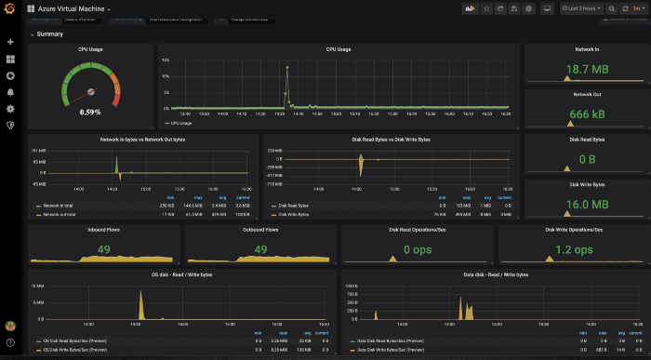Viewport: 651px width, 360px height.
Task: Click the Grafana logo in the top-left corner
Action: pos(10,8)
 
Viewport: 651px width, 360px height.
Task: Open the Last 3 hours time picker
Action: pos(582,8)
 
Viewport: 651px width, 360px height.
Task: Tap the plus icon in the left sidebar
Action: pos(10,42)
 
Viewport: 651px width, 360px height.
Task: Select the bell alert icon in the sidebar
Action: pos(10,92)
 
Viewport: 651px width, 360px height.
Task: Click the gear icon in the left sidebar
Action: pos(10,109)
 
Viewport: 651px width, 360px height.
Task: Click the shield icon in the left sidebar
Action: pos(10,126)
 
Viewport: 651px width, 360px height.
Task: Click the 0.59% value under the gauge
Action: pos(90,112)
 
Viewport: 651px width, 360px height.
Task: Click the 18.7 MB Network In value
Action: pos(587,70)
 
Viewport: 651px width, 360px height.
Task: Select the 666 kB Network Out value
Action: pos(587,113)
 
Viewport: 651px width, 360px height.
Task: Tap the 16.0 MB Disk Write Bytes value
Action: pos(587,205)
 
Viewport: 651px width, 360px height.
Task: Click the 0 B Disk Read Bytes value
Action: pos(587,159)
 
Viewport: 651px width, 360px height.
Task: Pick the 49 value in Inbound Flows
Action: pos(103,249)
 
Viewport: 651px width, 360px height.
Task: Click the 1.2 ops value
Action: pos(573,249)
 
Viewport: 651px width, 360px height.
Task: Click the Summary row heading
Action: pos(50,34)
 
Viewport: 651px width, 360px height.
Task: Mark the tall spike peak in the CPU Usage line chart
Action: pos(286,68)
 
